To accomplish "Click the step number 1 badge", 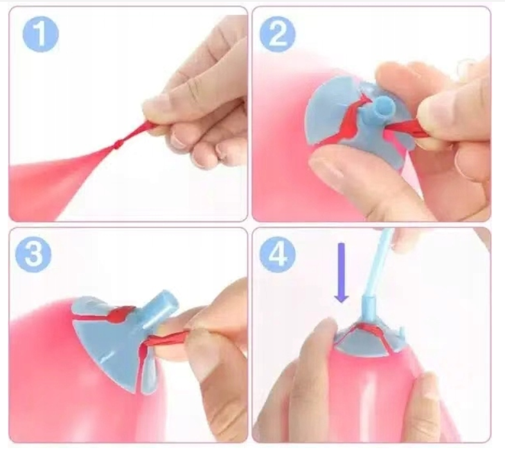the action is tap(40, 33).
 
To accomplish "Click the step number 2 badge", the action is tap(278, 34).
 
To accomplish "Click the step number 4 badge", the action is tap(278, 255).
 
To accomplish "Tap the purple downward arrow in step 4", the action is tap(341, 273).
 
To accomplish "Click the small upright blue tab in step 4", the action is tap(401, 332).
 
